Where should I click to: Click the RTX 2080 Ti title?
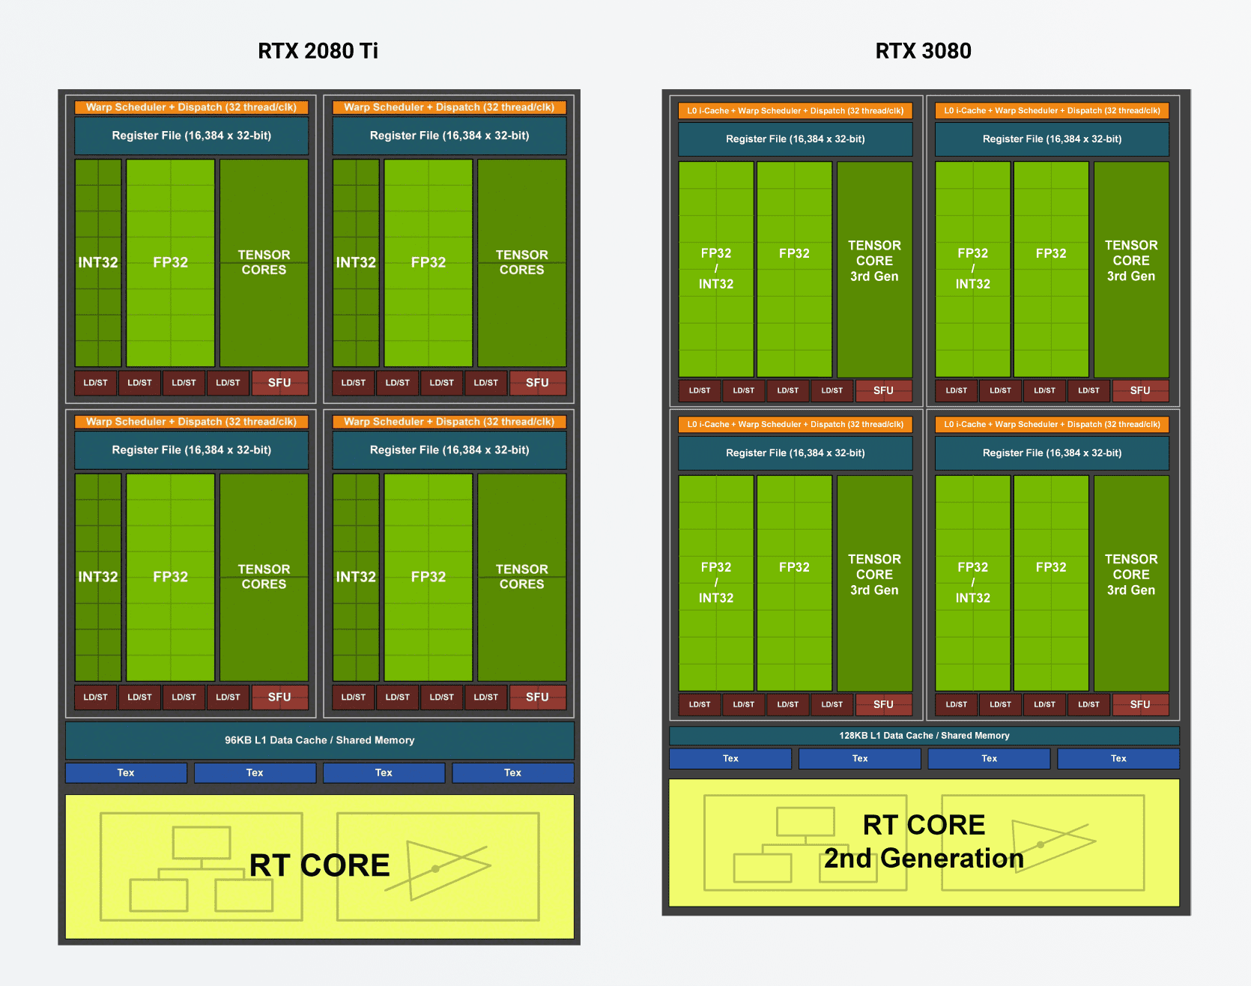click(318, 51)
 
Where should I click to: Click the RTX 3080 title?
click(923, 51)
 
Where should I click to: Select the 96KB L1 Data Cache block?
click(320, 740)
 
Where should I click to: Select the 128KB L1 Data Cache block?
click(924, 736)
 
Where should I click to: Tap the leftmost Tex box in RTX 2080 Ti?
click(126, 772)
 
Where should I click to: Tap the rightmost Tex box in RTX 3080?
click(1118, 758)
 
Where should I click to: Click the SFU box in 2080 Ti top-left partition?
click(279, 383)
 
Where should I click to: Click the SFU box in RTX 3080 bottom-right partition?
click(1139, 704)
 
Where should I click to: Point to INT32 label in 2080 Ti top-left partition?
click(98, 263)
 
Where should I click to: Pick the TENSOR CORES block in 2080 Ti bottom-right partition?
click(522, 577)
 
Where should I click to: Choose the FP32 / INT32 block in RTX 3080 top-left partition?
click(716, 269)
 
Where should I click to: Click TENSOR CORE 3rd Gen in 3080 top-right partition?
click(1130, 261)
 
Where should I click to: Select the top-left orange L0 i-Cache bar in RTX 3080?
click(795, 111)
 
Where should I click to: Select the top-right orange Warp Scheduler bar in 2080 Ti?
click(449, 107)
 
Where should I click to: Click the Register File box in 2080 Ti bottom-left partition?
click(192, 450)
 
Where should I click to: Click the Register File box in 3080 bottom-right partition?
click(1052, 453)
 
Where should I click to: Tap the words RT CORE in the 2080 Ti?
click(320, 865)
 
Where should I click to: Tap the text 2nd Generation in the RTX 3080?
click(924, 859)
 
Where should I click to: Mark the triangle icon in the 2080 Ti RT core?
click(442, 869)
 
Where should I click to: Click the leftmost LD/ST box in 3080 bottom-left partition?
click(700, 704)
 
